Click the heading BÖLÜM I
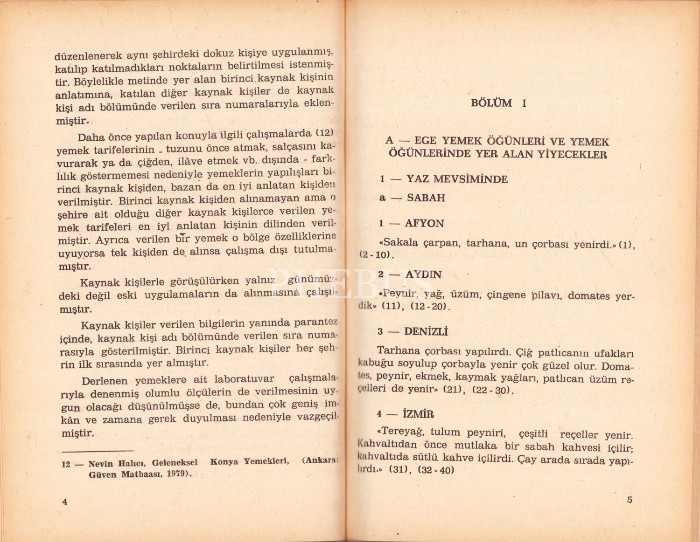[x=498, y=103]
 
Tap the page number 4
[x=65, y=501]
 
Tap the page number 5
[x=630, y=500]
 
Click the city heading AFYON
[x=424, y=223]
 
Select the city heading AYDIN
[x=423, y=274]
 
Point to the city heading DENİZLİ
[x=426, y=332]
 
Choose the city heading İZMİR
[x=418, y=414]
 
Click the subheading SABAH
[x=426, y=198]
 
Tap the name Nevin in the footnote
[x=101, y=464]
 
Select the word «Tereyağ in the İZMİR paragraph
[x=401, y=432]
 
